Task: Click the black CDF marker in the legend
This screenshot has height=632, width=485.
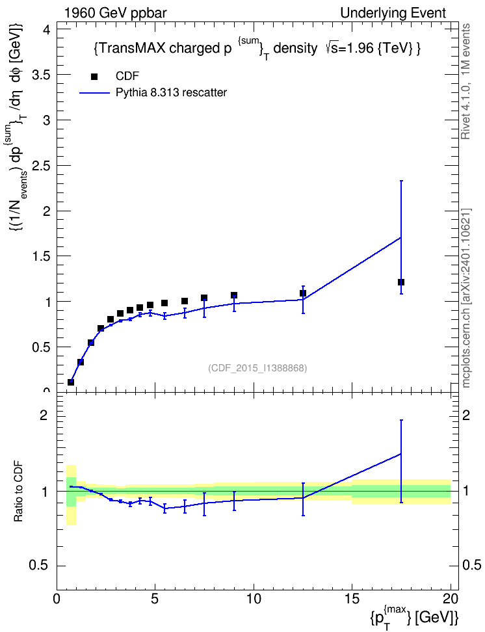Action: [x=94, y=76]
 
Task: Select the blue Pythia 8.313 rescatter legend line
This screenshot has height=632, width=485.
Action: [x=94, y=93]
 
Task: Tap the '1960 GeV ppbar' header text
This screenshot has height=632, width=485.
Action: [x=115, y=13]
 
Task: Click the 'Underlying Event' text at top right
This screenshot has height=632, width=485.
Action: [x=393, y=13]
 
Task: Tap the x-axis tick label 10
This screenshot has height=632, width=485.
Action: [x=254, y=599]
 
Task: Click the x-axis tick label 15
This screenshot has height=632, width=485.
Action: [x=352, y=599]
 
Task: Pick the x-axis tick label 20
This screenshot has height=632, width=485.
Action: [x=451, y=599]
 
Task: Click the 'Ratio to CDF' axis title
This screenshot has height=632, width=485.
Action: [x=18, y=492]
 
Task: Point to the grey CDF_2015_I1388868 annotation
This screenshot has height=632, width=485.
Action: [x=257, y=368]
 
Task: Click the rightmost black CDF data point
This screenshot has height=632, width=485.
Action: [x=400, y=282]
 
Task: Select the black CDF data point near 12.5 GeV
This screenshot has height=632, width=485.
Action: [x=303, y=293]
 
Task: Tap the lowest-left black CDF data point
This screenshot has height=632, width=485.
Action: [x=71, y=382]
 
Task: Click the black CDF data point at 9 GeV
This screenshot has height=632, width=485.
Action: [x=234, y=295]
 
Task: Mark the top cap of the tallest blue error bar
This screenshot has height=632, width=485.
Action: [x=400, y=181]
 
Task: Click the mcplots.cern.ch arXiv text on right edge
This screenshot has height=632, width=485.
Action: [x=466, y=298]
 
